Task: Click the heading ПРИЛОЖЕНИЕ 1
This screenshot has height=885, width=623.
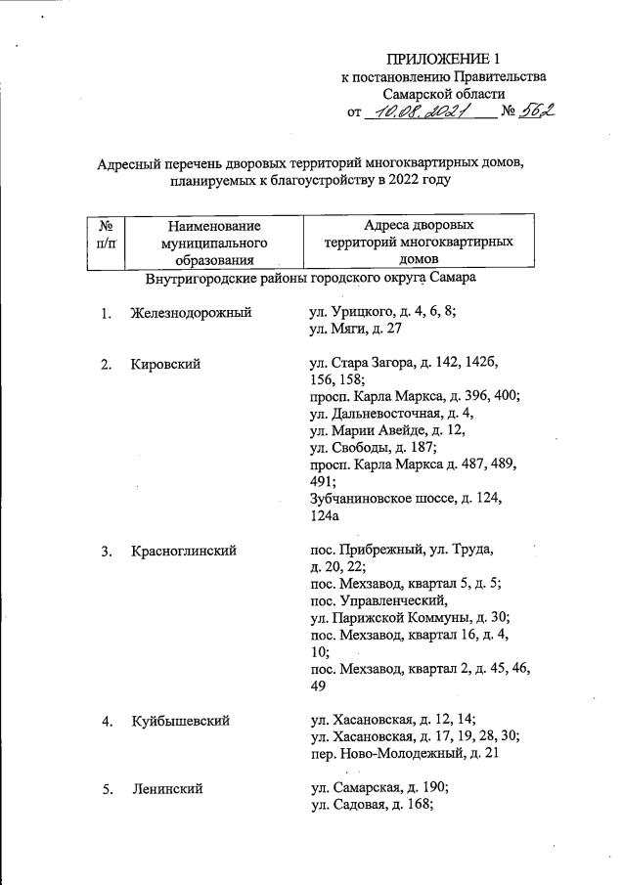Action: coord(443,58)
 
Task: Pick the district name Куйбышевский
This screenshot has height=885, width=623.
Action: coord(180,722)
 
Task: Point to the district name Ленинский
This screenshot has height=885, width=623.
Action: coord(166,789)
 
